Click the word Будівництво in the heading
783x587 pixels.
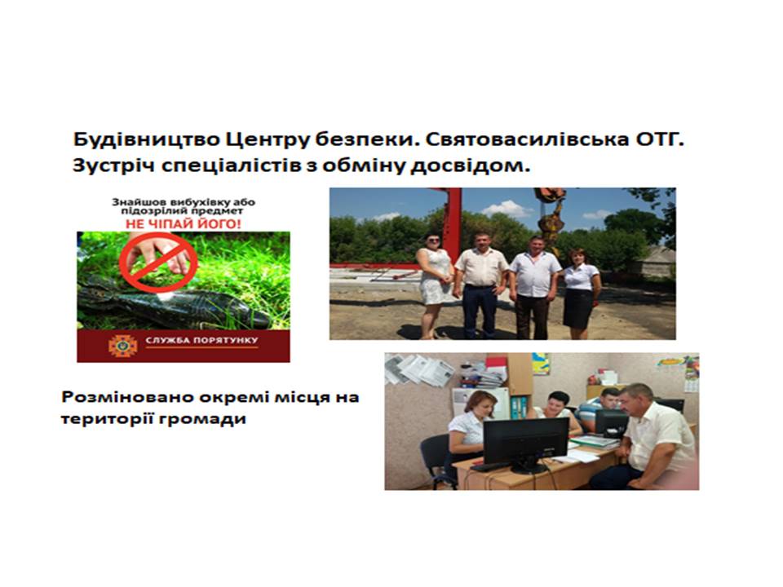(146, 139)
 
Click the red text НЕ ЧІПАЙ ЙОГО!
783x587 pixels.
(183, 224)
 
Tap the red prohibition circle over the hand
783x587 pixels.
(158, 262)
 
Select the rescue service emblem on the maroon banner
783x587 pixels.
(123, 345)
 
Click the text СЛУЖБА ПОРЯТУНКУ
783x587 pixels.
(201, 341)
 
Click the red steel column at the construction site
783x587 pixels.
(453, 225)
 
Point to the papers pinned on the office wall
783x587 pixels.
(419, 369)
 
